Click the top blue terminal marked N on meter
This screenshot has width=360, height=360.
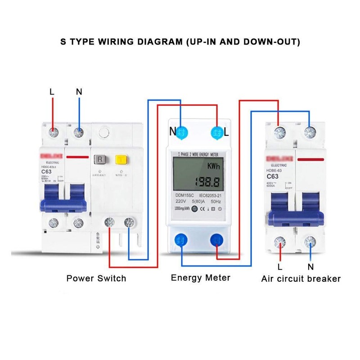point(182,132)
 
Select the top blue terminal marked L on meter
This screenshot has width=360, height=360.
point(217,132)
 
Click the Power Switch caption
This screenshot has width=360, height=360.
point(96,278)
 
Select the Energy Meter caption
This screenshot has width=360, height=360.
point(200,278)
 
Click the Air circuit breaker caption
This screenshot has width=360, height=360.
point(301,279)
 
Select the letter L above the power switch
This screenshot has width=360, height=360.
point(52,92)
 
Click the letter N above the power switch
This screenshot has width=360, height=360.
point(79,92)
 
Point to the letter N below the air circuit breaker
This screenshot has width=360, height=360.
point(310,266)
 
